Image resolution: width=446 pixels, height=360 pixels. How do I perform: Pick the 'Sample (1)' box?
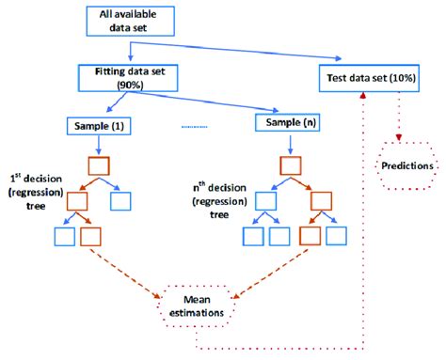pos(101,125)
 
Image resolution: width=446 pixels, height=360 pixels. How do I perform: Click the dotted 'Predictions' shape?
pos(407,165)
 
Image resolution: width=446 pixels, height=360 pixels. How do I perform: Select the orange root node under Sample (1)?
pos(101,166)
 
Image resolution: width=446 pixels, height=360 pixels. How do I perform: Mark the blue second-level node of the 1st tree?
pos(122,201)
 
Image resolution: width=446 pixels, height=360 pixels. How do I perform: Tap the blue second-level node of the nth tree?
pos(270,201)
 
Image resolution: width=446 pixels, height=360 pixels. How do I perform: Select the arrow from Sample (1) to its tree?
pos(101,145)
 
